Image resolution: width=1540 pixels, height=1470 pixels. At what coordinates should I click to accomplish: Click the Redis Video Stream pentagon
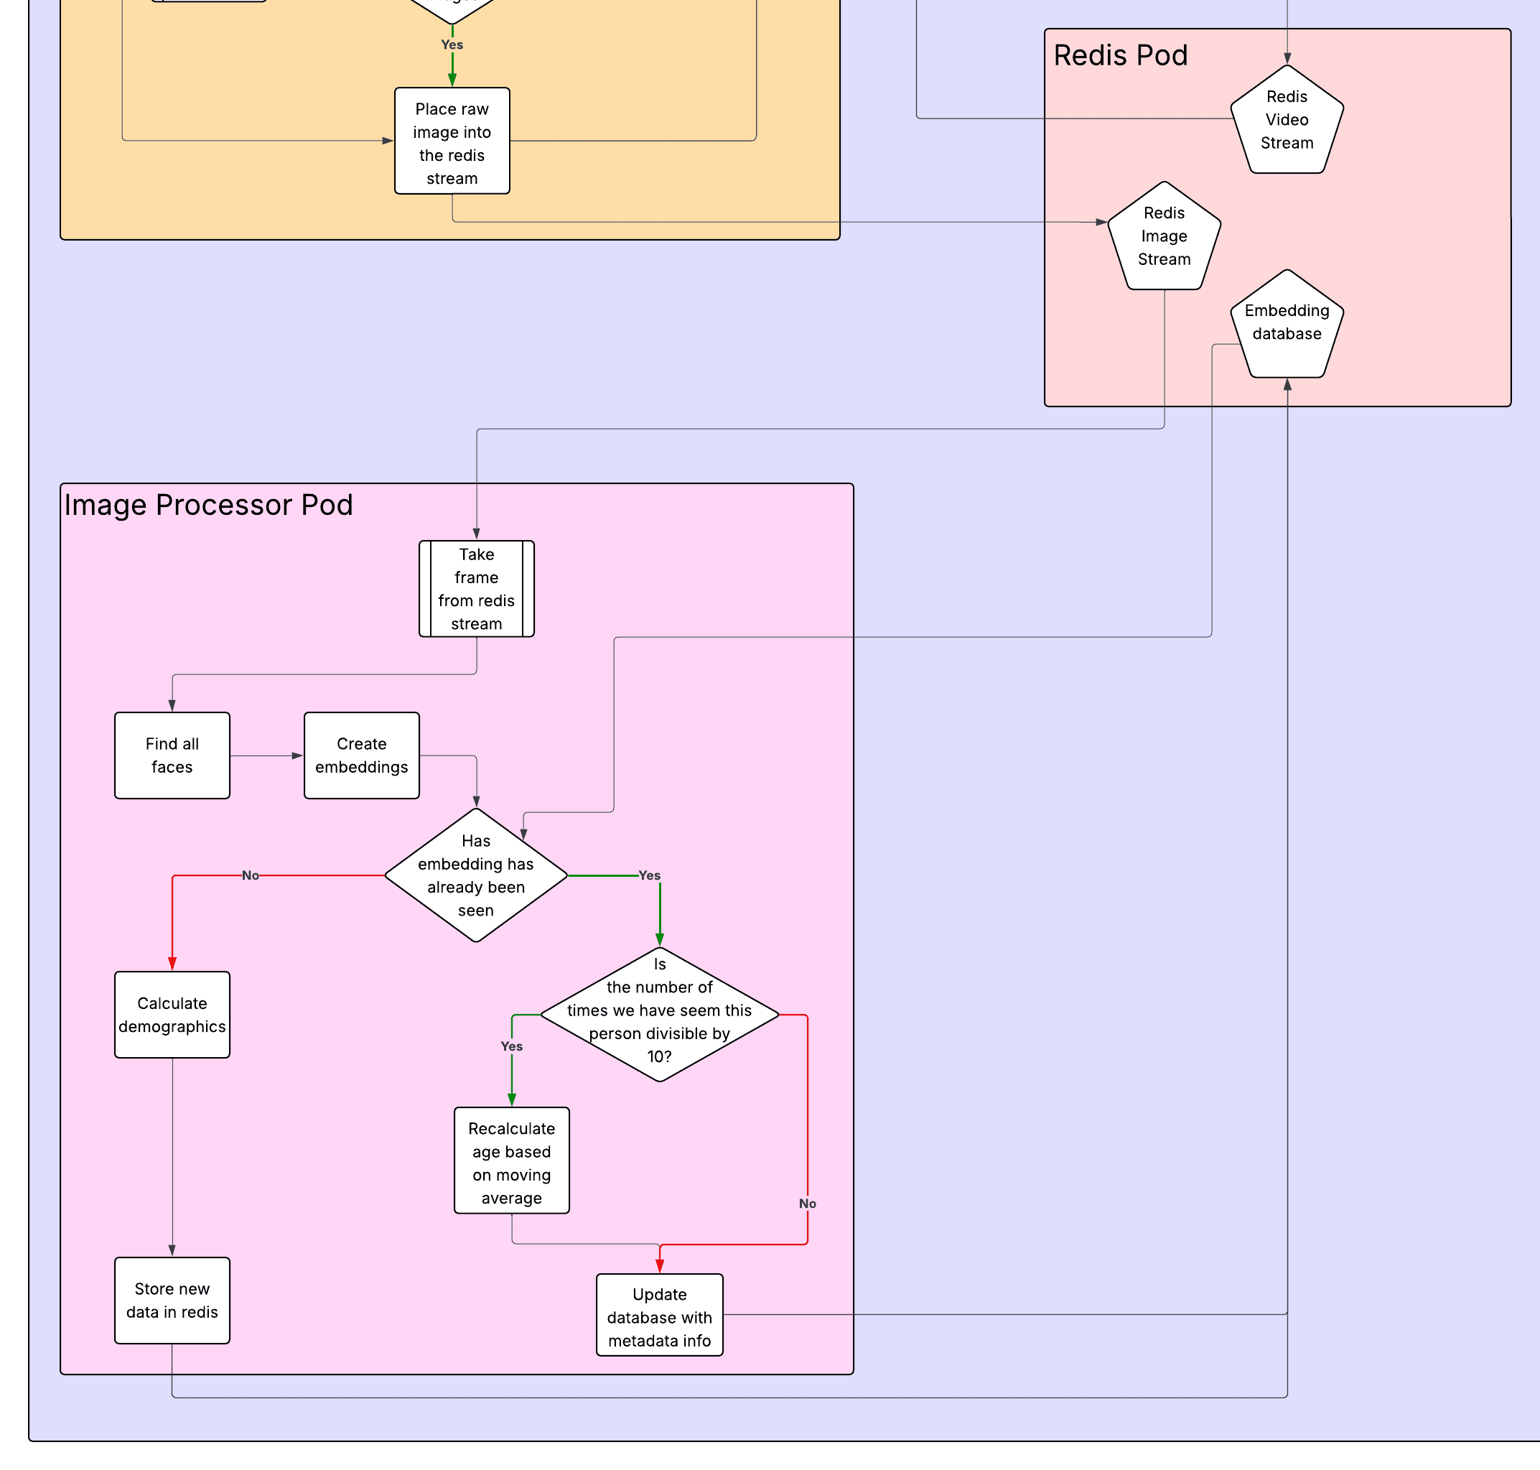(1287, 121)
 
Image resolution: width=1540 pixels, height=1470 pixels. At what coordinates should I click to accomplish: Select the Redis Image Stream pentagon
(1164, 237)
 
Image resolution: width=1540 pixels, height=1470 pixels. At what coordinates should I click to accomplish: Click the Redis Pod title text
(1120, 55)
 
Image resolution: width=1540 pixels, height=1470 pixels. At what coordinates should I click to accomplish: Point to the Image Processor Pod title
(208, 506)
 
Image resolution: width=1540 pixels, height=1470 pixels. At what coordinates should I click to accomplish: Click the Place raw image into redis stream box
(452, 141)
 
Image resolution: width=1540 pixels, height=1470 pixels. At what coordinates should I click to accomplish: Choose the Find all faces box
(172, 756)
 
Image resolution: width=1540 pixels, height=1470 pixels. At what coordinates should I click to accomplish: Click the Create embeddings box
(361, 756)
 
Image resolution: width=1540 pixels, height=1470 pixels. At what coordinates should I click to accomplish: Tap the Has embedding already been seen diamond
(475, 876)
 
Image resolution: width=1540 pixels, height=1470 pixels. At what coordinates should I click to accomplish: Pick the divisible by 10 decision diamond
(660, 1015)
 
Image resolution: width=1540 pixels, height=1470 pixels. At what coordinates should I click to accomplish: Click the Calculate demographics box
(172, 1015)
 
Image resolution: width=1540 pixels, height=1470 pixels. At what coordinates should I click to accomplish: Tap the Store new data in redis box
(172, 1301)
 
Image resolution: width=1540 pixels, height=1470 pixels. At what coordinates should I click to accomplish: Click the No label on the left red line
(250, 876)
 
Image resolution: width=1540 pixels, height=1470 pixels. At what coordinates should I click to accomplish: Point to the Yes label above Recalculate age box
(511, 1047)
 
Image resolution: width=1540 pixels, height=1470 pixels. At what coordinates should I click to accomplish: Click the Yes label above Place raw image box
(452, 45)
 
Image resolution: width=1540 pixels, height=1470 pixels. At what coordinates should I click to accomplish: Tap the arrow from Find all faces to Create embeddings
(266, 756)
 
